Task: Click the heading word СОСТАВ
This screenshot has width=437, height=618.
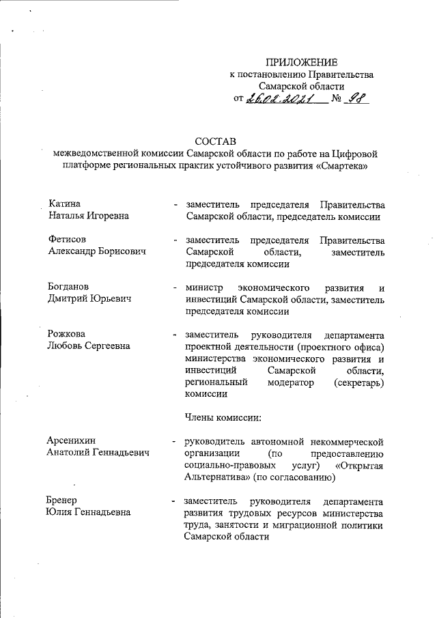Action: pyautogui.click(x=215, y=141)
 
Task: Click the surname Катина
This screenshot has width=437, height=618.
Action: pyautogui.click(x=65, y=203)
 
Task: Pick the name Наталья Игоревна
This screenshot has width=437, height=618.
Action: pyautogui.click(x=89, y=216)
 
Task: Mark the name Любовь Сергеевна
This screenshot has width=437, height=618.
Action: pyautogui.click(x=89, y=346)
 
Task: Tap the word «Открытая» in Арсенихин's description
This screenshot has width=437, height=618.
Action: pyautogui.click(x=361, y=465)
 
